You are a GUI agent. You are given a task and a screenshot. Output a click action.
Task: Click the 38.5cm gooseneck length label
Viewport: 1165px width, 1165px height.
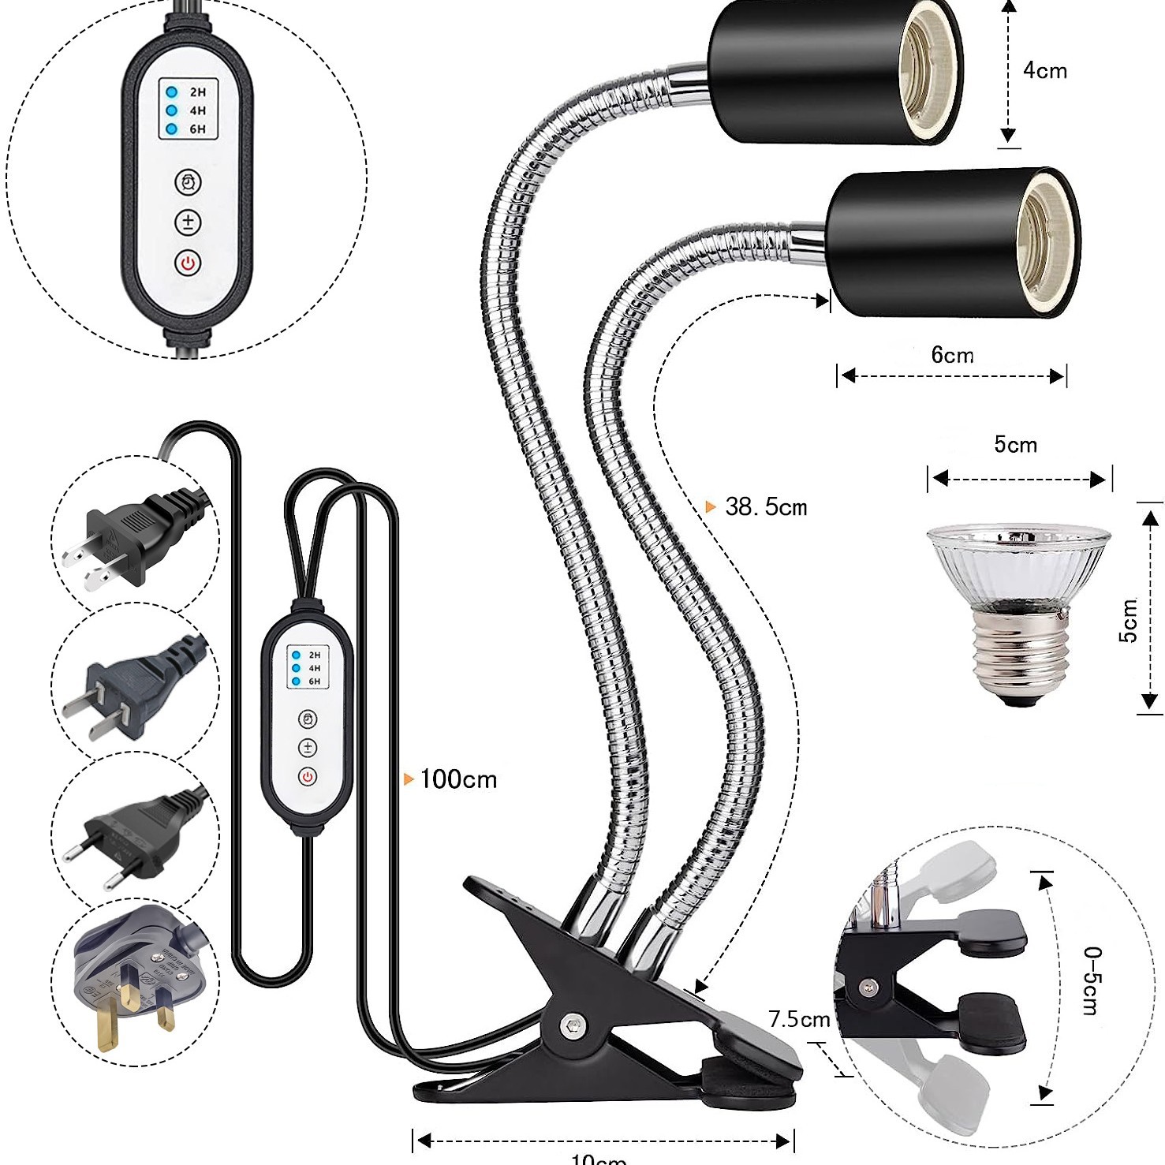766,507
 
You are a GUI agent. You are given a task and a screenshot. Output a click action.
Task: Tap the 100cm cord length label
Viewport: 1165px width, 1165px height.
458,780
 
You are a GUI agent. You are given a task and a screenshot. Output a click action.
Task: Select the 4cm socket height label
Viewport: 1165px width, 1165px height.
1045,71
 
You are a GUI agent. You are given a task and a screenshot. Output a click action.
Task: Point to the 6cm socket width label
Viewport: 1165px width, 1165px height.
952,355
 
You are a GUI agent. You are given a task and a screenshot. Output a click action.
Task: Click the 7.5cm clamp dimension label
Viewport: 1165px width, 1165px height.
799,1020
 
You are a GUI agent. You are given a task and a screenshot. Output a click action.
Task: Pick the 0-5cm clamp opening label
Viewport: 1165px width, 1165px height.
1091,980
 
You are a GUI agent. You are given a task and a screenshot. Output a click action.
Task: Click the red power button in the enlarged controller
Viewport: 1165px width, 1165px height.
188,263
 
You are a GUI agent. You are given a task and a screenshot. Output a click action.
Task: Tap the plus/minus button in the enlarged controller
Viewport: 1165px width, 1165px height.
188,222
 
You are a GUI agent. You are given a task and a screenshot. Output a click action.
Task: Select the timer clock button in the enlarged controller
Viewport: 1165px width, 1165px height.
188,182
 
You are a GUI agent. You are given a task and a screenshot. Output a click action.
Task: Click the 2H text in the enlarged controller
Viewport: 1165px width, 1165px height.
197,92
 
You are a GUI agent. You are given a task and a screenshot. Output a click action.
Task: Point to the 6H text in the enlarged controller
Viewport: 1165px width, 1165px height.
197,129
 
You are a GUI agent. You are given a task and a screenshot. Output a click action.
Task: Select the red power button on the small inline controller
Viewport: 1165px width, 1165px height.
308,777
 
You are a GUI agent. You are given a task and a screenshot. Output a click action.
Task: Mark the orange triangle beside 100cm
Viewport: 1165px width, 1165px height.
409,779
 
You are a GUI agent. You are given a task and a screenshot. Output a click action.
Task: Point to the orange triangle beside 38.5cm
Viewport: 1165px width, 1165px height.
711,507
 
